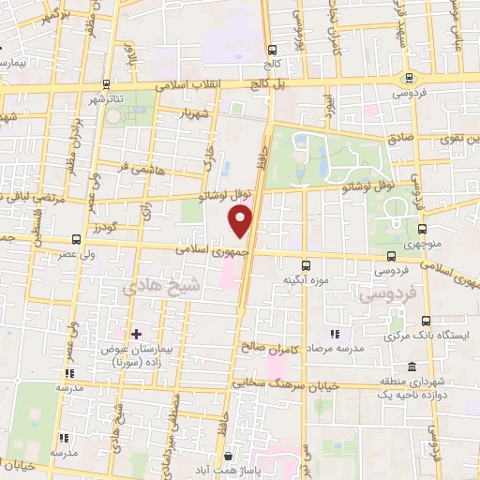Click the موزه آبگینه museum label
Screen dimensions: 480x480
(x=306, y=279)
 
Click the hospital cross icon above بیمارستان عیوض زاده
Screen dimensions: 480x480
(x=137, y=334)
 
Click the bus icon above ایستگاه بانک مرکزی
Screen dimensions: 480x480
(x=427, y=320)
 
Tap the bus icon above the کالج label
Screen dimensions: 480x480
(x=272, y=51)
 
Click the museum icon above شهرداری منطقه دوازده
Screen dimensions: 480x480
(x=412, y=367)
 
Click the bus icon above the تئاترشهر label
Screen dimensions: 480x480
(x=108, y=83)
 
